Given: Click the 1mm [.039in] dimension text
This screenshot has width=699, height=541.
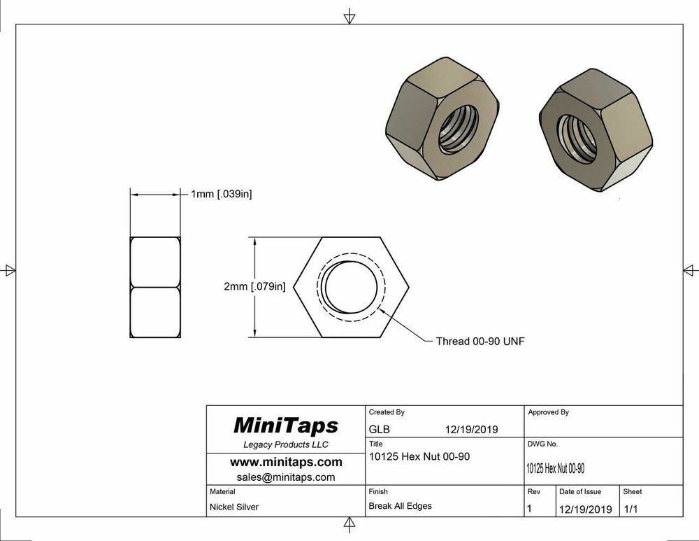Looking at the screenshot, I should pos(221,194).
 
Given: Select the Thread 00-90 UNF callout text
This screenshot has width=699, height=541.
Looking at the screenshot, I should pos(480,342).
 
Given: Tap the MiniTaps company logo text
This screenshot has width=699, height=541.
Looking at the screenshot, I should pos(284,426).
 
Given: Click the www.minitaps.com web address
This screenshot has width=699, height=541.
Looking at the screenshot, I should pos(286,462).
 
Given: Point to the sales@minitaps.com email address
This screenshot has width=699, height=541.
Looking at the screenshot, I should pos(286,477).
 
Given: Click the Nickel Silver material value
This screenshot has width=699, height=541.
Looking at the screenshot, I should pos(234,507).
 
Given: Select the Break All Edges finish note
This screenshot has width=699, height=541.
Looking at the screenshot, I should pos(400,506).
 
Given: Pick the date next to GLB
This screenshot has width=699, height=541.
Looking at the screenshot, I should pos(471,430).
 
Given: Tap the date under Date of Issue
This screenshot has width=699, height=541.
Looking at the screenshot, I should pos(585,509).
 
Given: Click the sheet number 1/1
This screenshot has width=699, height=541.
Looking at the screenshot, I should pos(630,509).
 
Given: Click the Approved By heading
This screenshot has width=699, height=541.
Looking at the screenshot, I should pos(548,412).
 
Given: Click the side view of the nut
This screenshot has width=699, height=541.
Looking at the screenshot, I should pos(155,287).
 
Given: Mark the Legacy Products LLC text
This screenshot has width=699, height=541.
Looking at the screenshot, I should pos(285,445).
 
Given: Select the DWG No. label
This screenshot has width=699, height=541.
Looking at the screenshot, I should pos(542,444).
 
